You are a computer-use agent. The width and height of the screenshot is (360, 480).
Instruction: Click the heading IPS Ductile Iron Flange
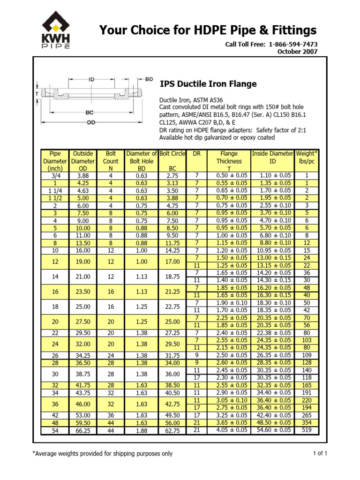208,84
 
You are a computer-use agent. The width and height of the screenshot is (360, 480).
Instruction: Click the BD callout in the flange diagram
149,80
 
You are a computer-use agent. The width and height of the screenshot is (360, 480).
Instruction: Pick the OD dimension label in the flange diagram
92,123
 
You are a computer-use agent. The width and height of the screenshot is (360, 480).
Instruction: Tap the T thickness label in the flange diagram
37,94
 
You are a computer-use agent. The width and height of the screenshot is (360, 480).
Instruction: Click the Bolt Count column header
111,161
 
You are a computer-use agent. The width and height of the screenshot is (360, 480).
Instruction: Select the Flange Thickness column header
229,161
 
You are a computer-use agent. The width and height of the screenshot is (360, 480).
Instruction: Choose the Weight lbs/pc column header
307,157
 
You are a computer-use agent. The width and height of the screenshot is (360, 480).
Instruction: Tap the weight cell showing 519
307,430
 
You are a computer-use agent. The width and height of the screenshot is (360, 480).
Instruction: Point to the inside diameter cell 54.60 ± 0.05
272,430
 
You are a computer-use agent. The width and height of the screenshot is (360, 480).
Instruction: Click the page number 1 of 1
320,453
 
